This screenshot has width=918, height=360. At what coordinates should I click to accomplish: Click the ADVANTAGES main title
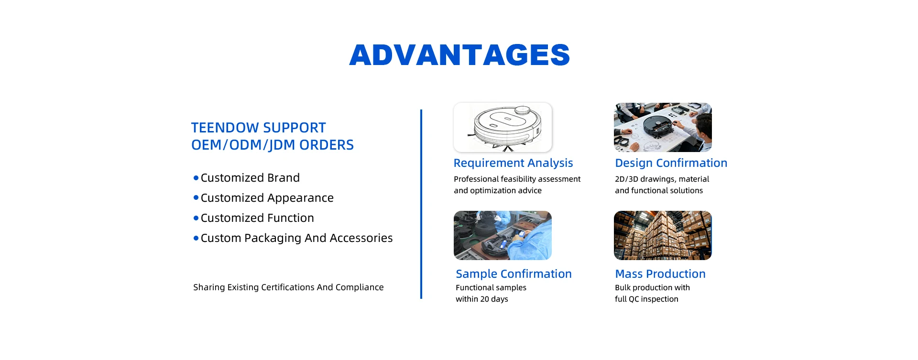459,55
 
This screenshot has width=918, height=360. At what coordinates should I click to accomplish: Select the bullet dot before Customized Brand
196,178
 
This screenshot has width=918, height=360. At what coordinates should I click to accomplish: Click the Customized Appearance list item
267,198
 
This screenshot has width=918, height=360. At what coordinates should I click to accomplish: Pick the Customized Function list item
257,218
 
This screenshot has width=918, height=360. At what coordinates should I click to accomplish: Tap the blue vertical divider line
421,204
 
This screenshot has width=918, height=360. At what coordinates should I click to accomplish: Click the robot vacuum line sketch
503,127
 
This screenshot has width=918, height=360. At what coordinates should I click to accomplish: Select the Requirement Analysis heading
513,163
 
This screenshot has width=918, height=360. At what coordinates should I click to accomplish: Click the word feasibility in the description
519,179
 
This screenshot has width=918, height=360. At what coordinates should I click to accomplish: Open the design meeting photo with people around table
663,127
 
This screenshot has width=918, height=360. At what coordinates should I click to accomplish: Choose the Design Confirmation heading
671,163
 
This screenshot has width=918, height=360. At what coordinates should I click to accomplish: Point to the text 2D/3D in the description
626,179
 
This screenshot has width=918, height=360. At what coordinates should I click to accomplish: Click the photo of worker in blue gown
503,235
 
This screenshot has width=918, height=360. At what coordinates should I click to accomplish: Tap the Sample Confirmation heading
514,274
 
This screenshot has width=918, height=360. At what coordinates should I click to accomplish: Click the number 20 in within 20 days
485,299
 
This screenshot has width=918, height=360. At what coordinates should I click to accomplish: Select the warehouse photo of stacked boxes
663,235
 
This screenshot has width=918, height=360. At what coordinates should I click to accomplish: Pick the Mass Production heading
660,274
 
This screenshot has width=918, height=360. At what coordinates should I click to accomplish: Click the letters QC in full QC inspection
634,299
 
